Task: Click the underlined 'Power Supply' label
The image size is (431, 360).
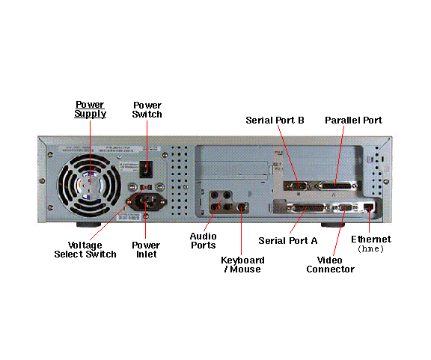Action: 90,109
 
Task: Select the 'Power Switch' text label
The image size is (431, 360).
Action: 147,109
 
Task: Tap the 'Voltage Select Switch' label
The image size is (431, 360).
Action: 85,249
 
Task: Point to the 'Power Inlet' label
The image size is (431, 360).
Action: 146,249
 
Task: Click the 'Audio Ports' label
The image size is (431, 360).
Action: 202,240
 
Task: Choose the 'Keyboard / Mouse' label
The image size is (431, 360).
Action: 242,264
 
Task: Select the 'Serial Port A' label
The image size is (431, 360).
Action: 288,240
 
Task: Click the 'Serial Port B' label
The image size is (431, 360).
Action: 275,120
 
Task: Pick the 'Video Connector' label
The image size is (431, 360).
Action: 330,264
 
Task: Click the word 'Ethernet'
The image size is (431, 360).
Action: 371,239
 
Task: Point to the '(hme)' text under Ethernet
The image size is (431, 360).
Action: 370,248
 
